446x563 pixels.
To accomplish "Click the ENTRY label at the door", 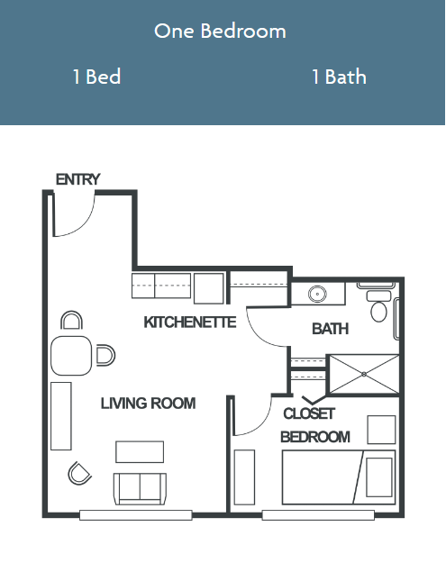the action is point(77,179).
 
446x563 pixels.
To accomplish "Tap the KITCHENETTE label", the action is point(190,322).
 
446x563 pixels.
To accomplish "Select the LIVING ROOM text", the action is point(148,404).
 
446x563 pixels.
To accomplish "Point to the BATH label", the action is point(330,329).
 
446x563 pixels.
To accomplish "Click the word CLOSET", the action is point(309,413).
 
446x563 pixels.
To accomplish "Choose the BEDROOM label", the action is point(315,437).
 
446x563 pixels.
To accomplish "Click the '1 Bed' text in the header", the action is point(96,77).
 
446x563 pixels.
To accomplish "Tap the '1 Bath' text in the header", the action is point(339,77).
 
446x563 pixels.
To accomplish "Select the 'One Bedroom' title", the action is point(220,31).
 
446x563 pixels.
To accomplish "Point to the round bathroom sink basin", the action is point(317,294).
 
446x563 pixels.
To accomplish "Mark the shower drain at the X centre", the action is point(364,374).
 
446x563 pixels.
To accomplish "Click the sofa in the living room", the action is point(140,488).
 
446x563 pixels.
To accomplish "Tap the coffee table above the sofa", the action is point(140,451).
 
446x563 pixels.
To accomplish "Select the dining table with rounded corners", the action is point(71,356).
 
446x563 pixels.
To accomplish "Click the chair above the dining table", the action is point(71,320).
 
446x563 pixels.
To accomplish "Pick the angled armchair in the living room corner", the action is point(79,473).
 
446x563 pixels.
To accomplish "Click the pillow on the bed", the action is point(378,477).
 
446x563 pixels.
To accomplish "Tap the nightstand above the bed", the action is point(381,430).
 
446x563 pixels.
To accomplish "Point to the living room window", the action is point(136,515).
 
